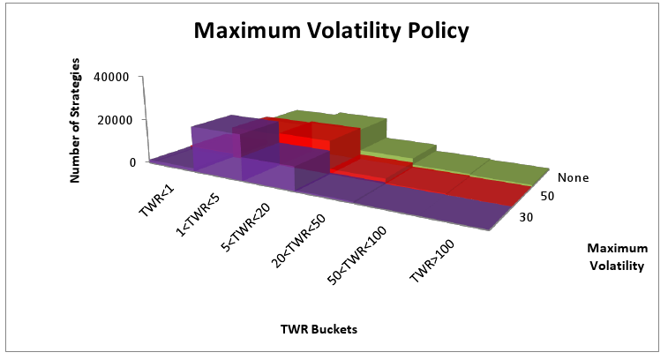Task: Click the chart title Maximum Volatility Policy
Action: pyautogui.click(x=332, y=31)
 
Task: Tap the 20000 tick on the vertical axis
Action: pyautogui.click(x=113, y=120)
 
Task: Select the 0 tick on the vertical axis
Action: pyautogui.click(x=132, y=162)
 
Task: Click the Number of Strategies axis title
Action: pyautogui.click(x=74, y=121)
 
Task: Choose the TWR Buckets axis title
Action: pyautogui.click(x=319, y=329)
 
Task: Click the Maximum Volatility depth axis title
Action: pyautogui.click(x=618, y=257)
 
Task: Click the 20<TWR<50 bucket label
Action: pyautogui.click(x=298, y=241)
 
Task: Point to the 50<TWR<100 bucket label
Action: pyautogui.click(x=357, y=256)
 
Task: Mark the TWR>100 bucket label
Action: pyautogui.click(x=432, y=261)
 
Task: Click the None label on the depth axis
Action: pyautogui.click(x=573, y=177)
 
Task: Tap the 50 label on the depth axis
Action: pyautogui.click(x=547, y=196)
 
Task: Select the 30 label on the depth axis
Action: pyautogui.click(x=526, y=217)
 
